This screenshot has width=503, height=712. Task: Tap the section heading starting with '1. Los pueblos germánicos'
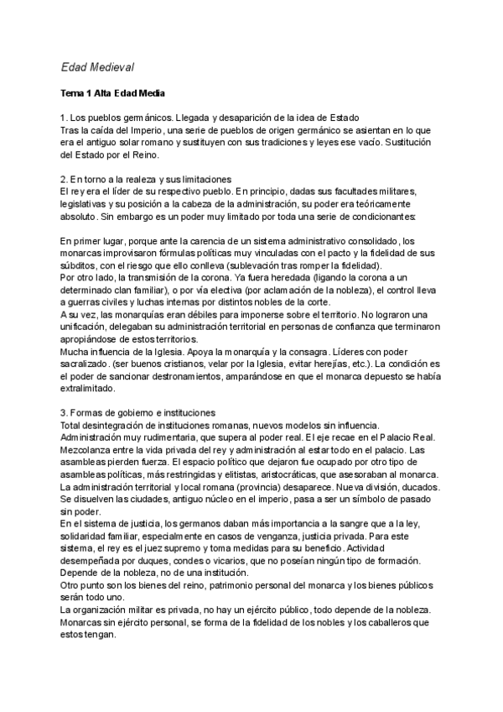[x=210, y=118]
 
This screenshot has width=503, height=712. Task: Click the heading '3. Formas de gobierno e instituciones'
[x=138, y=412]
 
